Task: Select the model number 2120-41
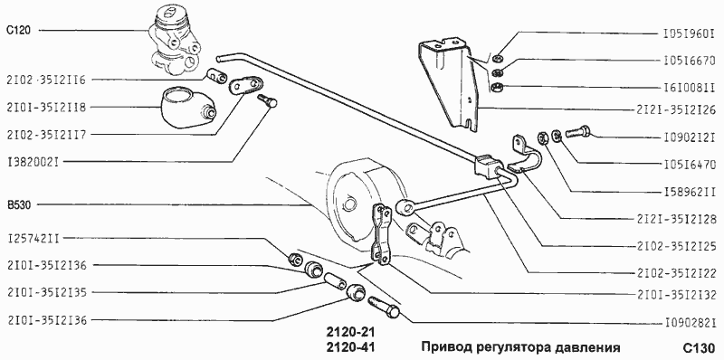[349, 347]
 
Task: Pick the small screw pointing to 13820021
[266, 102]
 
